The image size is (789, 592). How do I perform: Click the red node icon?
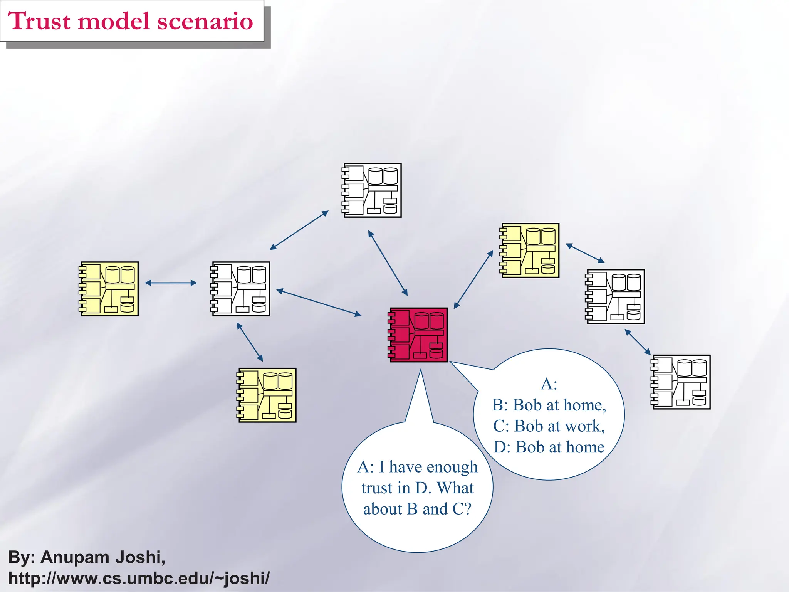(x=418, y=335)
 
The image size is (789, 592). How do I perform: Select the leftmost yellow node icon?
(x=109, y=289)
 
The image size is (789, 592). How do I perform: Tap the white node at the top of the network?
(x=372, y=190)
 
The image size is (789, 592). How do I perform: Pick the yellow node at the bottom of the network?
(x=267, y=395)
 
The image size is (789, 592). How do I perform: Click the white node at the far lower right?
(x=681, y=382)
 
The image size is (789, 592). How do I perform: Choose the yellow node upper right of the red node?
(x=530, y=251)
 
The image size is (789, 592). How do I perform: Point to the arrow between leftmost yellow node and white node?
(x=171, y=283)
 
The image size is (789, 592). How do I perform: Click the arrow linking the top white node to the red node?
(x=388, y=263)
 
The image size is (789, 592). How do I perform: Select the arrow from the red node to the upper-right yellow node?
(x=473, y=279)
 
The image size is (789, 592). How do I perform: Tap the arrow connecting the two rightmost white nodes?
(x=638, y=342)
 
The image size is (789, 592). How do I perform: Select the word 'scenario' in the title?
(x=205, y=21)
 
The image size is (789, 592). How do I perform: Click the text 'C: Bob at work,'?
(x=549, y=426)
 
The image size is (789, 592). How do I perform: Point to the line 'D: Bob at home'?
(x=549, y=447)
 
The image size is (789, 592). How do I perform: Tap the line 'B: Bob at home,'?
(x=549, y=405)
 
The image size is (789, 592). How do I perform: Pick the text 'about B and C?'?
(x=417, y=509)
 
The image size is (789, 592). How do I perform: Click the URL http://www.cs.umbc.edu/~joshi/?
(x=139, y=578)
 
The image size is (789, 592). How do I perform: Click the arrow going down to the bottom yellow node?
(x=250, y=342)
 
